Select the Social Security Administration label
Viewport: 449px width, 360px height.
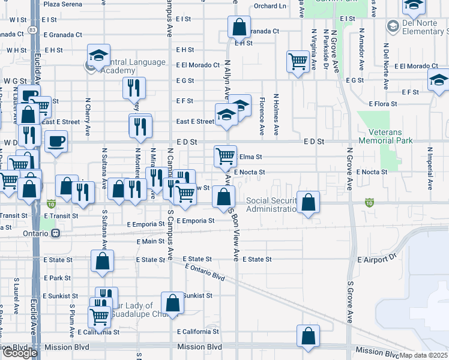(272, 205)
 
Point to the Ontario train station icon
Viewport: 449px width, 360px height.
(56, 233)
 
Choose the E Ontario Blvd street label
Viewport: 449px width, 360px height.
(205, 272)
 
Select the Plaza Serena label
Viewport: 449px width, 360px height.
(63, 4)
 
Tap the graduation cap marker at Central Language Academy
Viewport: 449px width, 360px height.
(98, 56)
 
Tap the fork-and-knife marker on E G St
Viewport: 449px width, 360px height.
(134, 88)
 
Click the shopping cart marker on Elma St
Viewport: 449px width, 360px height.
(225, 156)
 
